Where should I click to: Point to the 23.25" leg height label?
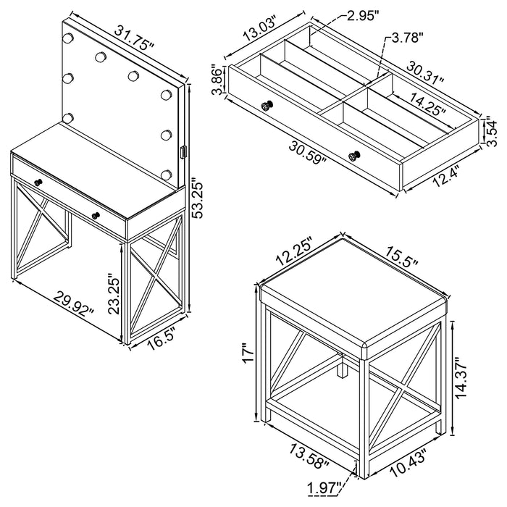(112, 293)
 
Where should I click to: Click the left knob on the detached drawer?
(267, 106)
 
